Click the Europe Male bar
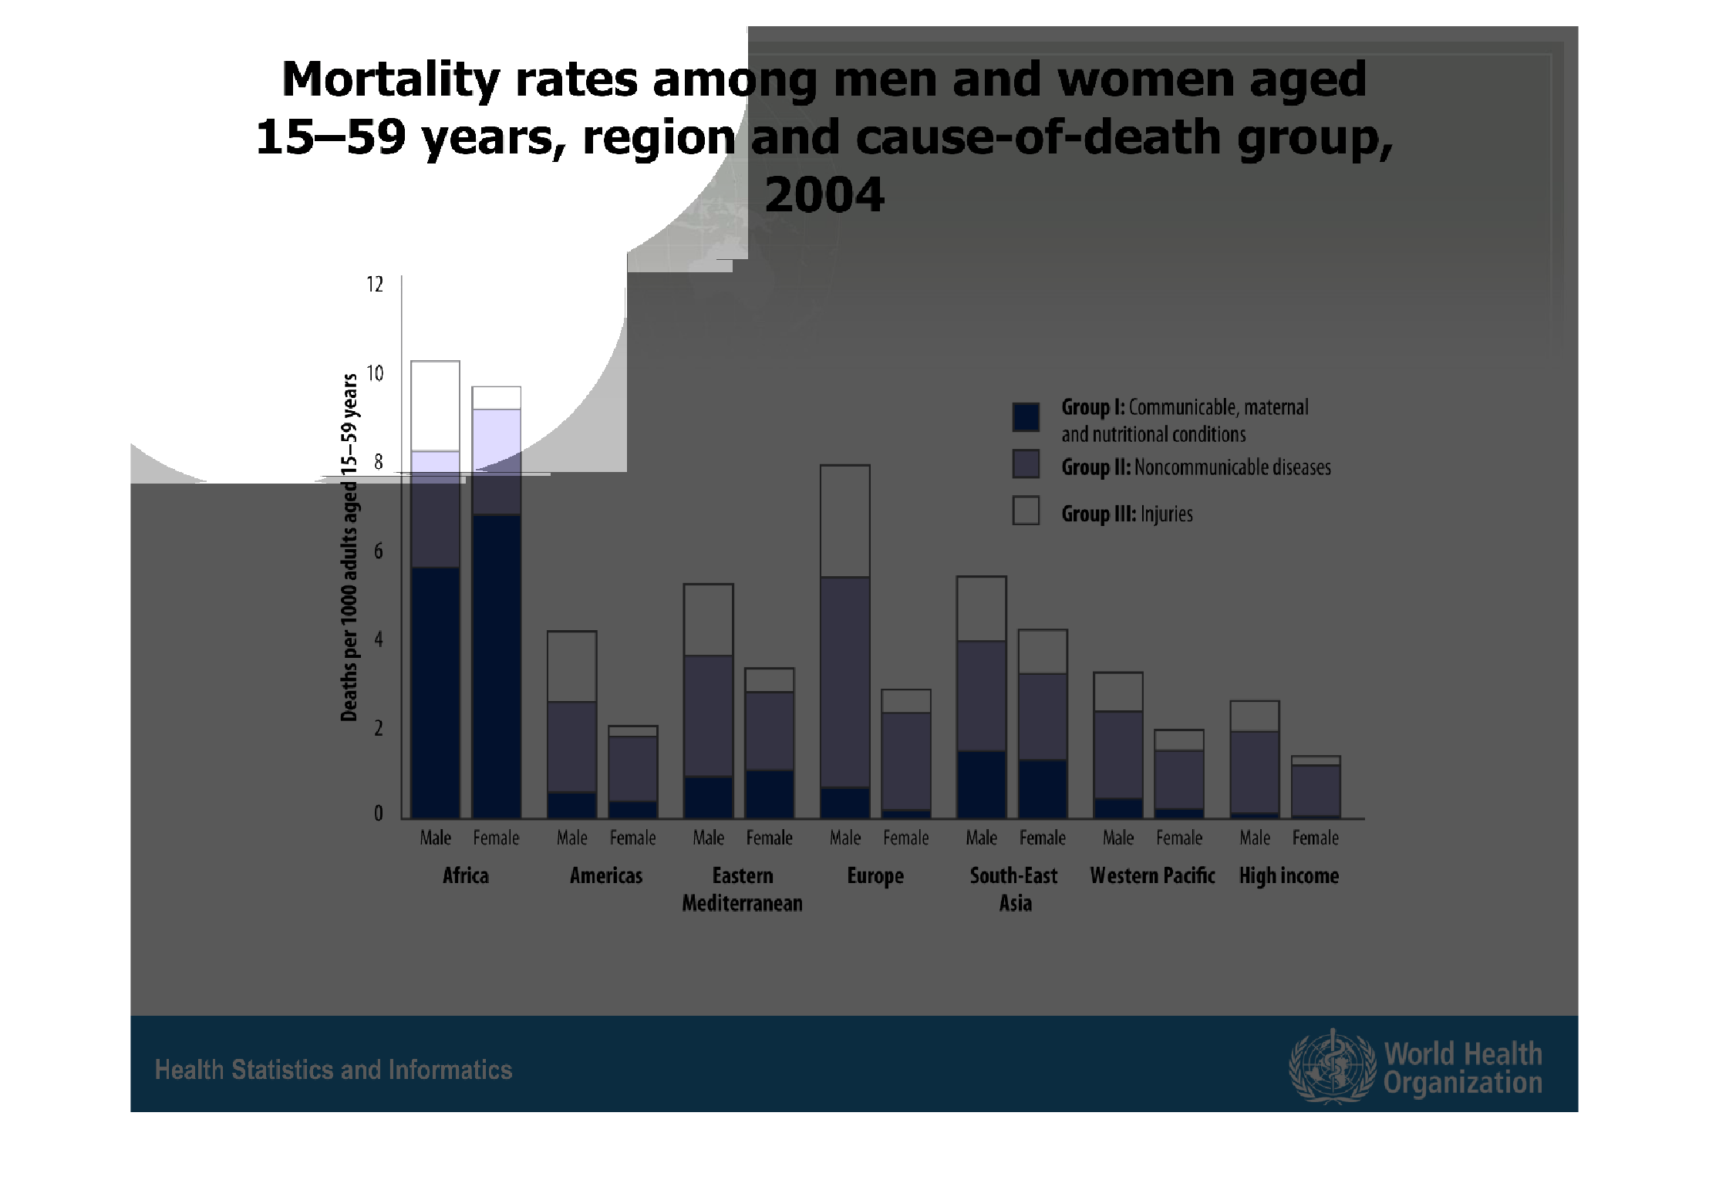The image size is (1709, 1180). pyautogui.click(x=845, y=641)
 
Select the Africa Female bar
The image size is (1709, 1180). pyautogui.click(x=496, y=602)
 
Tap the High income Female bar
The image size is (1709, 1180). pyautogui.click(x=1316, y=787)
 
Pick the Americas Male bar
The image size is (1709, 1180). pyautogui.click(x=571, y=724)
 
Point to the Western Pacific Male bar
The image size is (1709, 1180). pyautogui.click(x=1118, y=745)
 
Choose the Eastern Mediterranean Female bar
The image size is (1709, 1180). pyautogui.click(x=769, y=743)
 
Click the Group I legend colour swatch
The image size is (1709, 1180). pyautogui.click(x=1026, y=416)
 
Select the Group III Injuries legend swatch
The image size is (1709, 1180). pyautogui.click(x=1026, y=511)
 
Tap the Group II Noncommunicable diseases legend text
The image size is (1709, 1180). pyautogui.click(x=1196, y=467)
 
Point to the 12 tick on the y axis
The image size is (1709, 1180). pyautogui.click(x=375, y=285)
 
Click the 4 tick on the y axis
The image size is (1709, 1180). pyautogui.click(x=378, y=639)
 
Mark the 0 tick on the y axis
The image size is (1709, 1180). pyautogui.click(x=378, y=814)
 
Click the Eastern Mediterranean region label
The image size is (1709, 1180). pyautogui.click(x=742, y=889)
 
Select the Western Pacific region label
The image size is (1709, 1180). pyautogui.click(x=1152, y=876)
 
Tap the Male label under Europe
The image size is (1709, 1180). pyautogui.click(x=845, y=838)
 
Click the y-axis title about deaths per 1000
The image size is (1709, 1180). pyautogui.click(x=349, y=548)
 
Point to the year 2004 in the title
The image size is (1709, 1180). pyautogui.click(x=824, y=194)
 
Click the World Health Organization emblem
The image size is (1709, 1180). pyautogui.click(x=1332, y=1067)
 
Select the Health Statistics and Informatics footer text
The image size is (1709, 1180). pyautogui.click(x=333, y=1070)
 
